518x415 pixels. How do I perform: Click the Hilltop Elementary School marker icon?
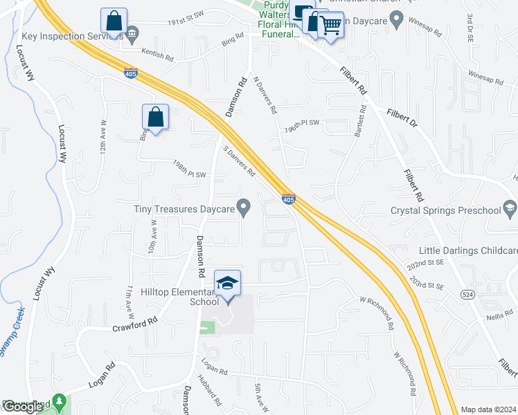pyautogui.click(x=227, y=283)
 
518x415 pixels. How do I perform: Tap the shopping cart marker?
pyautogui.click(x=331, y=26)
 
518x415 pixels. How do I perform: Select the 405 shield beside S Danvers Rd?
pyautogui.click(x=289, y=199)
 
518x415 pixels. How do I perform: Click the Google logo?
pyautogui.click(x=23, y=407)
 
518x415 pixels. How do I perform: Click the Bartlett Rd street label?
pyautogui.click(x=359, y=121)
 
